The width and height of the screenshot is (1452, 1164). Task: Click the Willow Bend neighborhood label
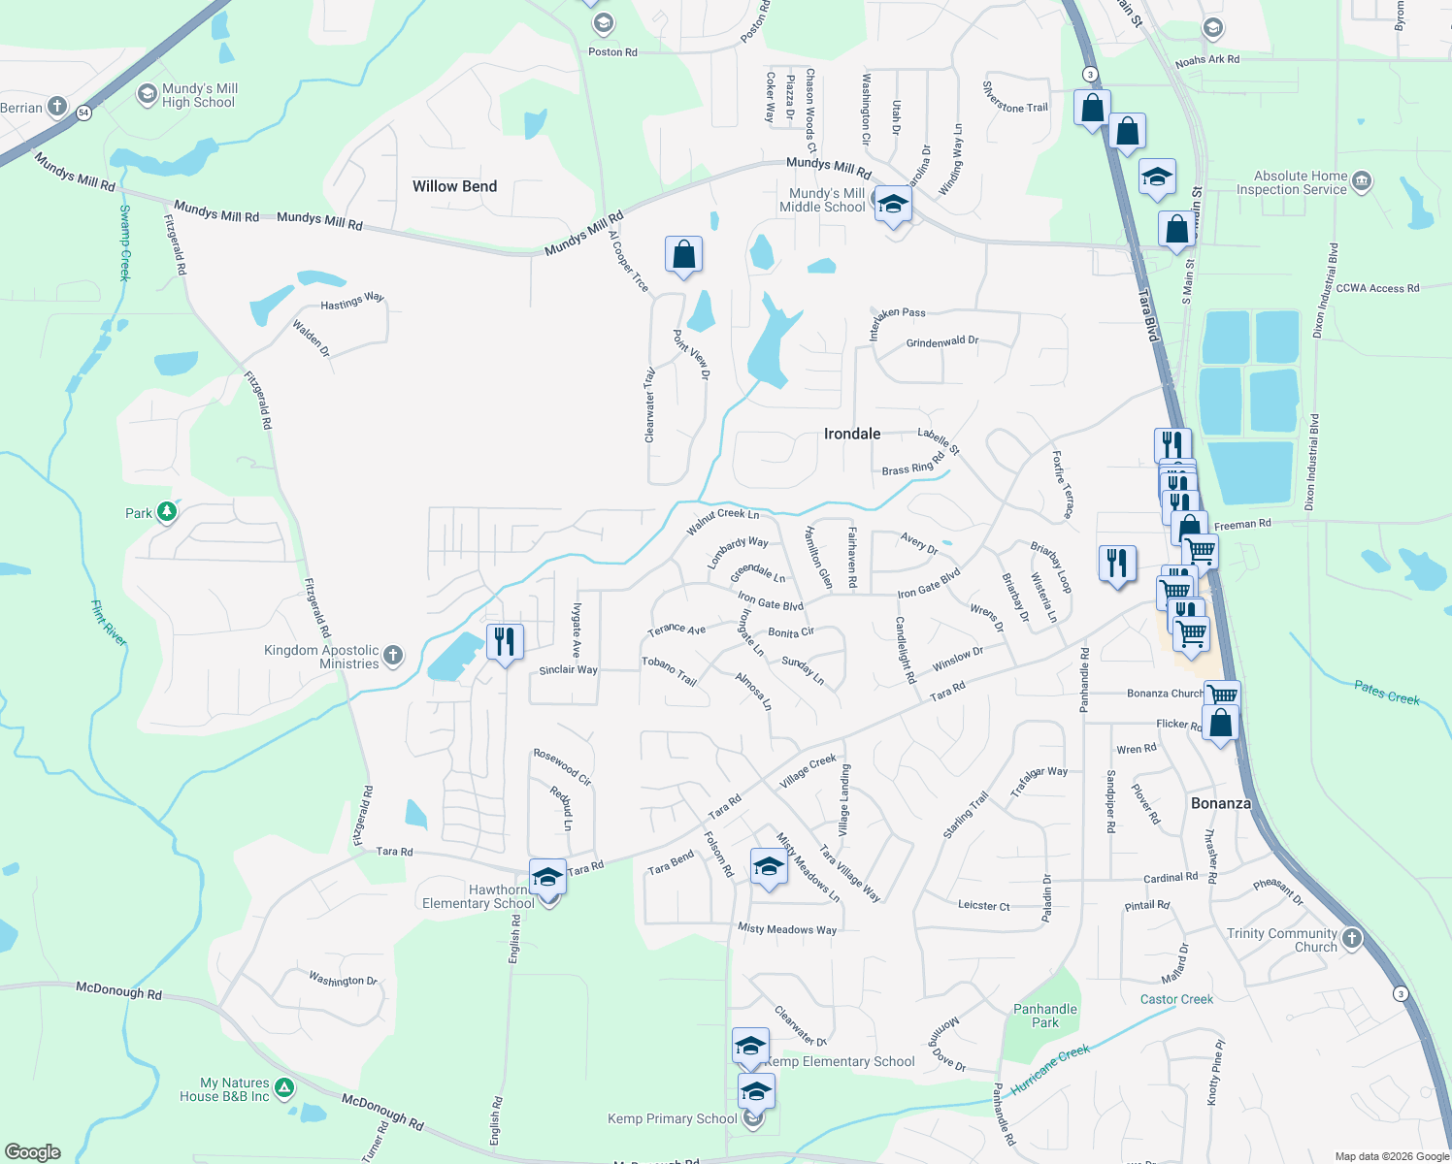click(x=454, y=186)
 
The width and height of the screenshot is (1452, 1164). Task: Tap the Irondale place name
click(x=852, y=434)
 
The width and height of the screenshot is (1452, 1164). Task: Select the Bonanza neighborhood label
click(x=1220, y=803)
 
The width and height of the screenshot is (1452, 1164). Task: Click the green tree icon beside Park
click(x=167, y=511)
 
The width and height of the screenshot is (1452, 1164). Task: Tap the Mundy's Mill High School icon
click(x=148, y=94)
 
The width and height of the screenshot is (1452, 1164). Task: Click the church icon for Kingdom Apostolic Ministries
click(x=393, y=656)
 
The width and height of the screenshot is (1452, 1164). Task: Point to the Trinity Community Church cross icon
click(x=1352, y=938)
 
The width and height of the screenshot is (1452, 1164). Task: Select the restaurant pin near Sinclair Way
click(x=504, y=641)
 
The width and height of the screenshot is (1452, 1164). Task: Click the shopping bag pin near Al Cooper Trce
click(x=683, y=254)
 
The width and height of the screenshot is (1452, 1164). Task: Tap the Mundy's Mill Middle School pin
click(x=893, y=204)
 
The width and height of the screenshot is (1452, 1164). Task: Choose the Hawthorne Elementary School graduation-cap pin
click(x=547, y=877)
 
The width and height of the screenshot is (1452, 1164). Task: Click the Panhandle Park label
click(x=1045, y=1016)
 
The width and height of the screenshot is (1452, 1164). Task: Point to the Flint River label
click(x=109, y=624)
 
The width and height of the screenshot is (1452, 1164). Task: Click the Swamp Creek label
click(x=124, y=242)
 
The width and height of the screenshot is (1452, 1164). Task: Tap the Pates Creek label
click(x=1386, y=693)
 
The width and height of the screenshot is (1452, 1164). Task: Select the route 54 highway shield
click(x=84, y=113)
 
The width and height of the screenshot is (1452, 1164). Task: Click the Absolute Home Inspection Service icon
click(x=1362, y=180)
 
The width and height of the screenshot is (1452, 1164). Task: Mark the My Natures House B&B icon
click(x=284, y=1088)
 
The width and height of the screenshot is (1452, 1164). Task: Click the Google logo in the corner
click(x=32, y=1152)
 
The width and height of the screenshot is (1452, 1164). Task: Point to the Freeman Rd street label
click(x=1242, y=525)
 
